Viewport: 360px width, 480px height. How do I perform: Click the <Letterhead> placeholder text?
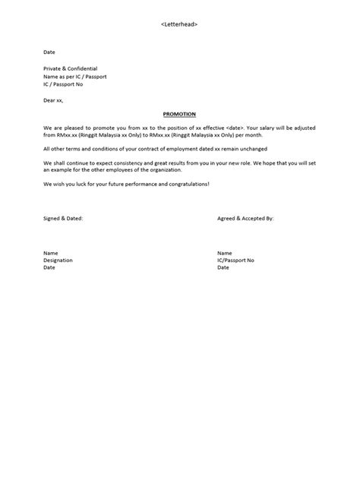(180, 25)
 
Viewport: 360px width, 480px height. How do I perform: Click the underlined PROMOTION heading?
(180, 114)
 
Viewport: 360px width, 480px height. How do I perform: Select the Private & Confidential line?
(71, 68)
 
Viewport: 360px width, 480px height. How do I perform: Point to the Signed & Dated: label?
(63, 217)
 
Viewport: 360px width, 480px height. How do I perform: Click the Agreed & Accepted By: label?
(245, 217)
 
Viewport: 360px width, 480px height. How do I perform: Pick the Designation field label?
(58, 260)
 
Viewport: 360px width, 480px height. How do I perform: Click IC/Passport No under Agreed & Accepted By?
(235, 260)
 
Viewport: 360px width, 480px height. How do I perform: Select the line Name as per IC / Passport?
(74, 76)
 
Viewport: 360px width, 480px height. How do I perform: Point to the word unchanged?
(247, 149)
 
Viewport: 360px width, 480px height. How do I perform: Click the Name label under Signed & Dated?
(51, 253)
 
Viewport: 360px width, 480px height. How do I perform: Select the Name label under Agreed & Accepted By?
(224, 253)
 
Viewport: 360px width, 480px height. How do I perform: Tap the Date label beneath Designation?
(50, 267)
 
